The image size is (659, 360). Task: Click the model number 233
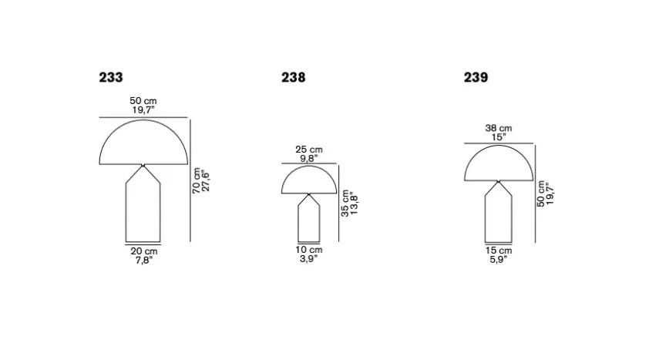111,77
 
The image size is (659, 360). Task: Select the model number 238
294,77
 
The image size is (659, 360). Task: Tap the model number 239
476,77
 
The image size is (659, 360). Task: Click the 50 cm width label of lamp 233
143,101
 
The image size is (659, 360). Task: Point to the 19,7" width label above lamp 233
143,110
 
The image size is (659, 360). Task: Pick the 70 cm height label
197,181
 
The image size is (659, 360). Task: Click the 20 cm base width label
143,251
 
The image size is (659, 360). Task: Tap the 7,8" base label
143,261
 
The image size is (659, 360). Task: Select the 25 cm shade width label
309,150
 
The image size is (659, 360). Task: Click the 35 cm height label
345,204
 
